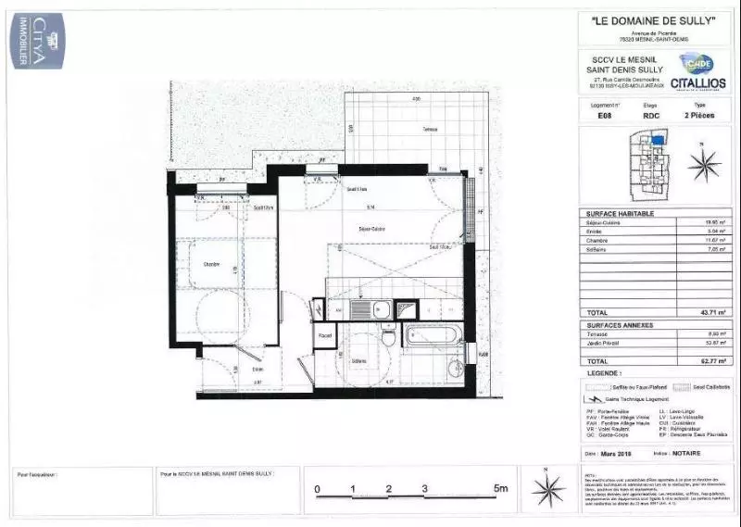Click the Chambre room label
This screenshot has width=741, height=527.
click(x=212, y=265)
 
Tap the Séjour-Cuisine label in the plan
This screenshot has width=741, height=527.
click(x=371, y=228)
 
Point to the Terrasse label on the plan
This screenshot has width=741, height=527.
click(x=429, y=129)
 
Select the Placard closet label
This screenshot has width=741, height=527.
click(x=325, y=335)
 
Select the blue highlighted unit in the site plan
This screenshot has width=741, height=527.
click(x=658, y=140)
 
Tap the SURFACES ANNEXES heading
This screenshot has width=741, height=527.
click(x=621, y=325)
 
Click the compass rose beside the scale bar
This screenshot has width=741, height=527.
click(x=547, y=486)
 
